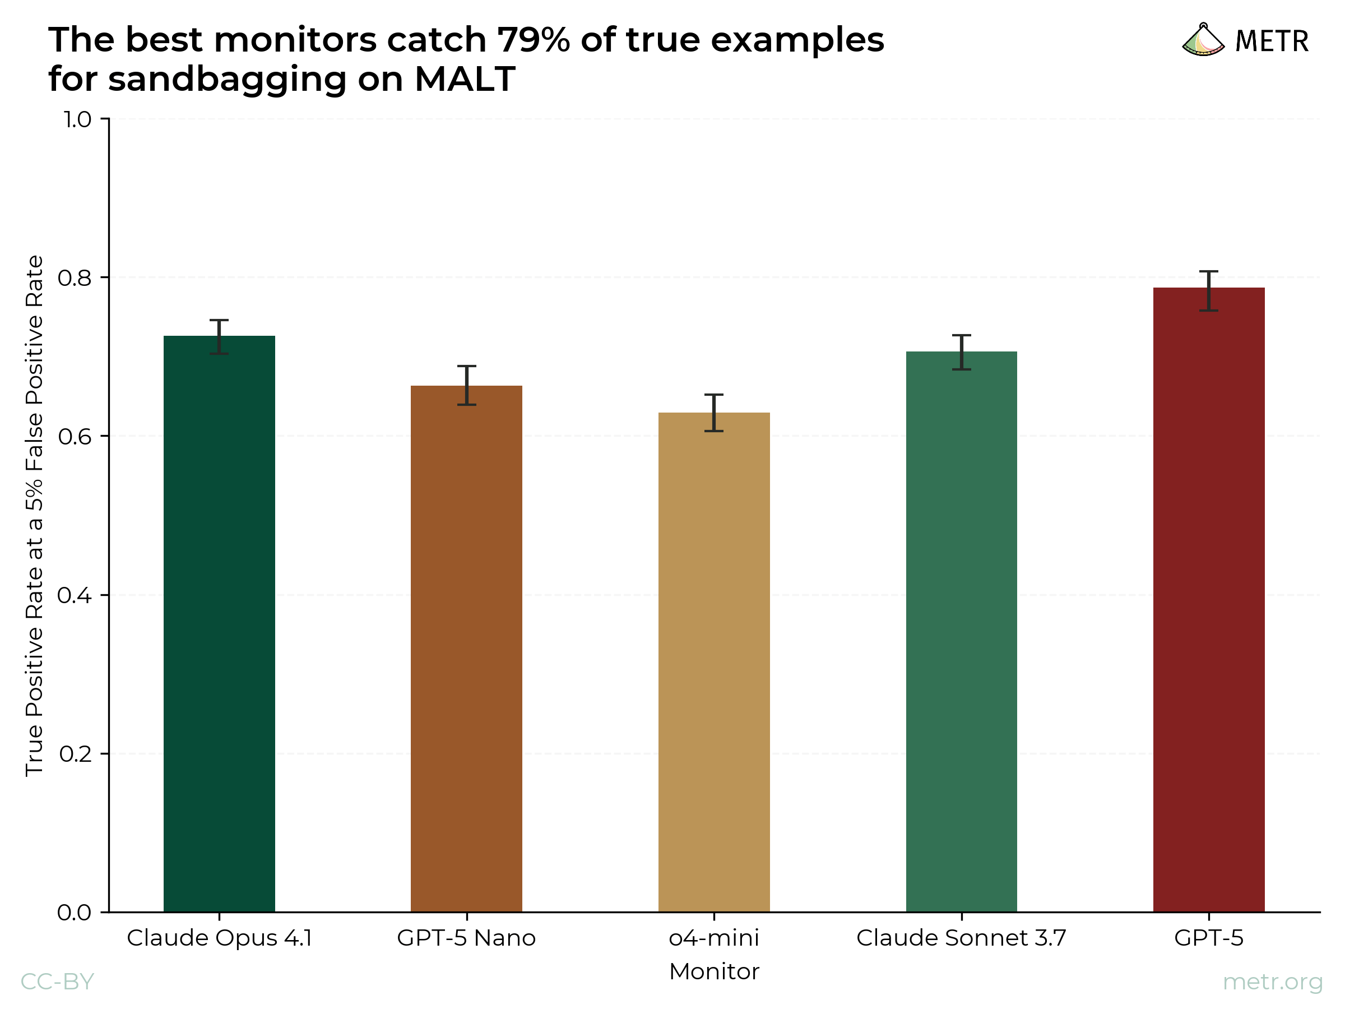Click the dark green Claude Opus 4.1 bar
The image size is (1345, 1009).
[x=219, y=623]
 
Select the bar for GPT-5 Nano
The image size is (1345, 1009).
[x=466, y=649]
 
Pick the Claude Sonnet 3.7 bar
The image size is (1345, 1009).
[x=961, y=631]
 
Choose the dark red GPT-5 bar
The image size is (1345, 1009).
[x=1209, y=599]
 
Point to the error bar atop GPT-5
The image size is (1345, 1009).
[x=1209, y=291]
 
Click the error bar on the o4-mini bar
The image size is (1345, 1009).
[x=714, y=413]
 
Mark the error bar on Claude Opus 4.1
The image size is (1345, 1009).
[x=219, y=336]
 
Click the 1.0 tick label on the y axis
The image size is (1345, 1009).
[x=77, y=119]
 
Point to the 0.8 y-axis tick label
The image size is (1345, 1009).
[x=74, y=278]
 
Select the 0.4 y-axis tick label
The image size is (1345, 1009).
[x=74, y=595]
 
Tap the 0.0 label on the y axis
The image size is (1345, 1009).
[x=74, y=912]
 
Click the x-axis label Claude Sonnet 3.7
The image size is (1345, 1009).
[x=961, y=938]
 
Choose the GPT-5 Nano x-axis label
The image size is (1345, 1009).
[x=466, y=938]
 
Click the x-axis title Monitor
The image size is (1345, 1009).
[x=714, y=971]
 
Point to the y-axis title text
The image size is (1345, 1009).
[x=34, y=516]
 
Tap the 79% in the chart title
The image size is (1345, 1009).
[x=534, y=40]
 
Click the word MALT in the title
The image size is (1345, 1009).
[x=465, y=79]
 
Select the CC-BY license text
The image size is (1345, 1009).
[x=57, y=982]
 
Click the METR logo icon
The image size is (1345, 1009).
[x=1203, y=40]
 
